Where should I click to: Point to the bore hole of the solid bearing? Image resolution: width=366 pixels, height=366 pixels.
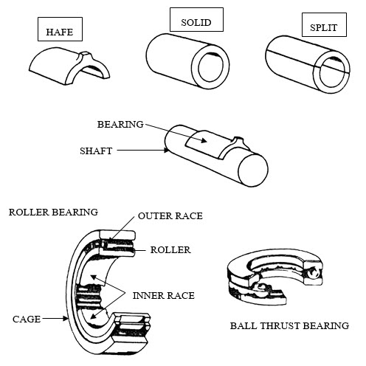click(x=210, y=66)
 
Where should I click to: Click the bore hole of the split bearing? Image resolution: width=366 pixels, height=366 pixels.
click(x=332, y=72)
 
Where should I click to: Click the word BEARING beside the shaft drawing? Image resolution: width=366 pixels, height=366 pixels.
click(x=120, y=124)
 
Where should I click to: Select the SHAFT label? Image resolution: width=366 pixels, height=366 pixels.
click(x=96, y=151)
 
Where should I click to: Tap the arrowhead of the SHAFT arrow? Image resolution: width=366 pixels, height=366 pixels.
click(x=167, y=150)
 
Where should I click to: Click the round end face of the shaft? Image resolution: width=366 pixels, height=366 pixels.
click(x=253, y=170)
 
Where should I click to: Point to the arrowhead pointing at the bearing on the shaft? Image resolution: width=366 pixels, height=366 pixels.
click(x=204, y=140)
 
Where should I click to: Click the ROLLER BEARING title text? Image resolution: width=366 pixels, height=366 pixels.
click(x=53, y=212)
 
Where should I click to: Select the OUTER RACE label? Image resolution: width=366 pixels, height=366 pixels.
click(x=170, y=215)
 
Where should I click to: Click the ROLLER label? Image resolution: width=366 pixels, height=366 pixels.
click(x=170, y=250)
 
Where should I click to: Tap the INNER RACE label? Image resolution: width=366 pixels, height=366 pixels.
click(x=164, y=295)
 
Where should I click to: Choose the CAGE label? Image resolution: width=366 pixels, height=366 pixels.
click(x=27, y=319)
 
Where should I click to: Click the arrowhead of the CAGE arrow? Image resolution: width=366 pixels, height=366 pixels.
click(x=65, y=319)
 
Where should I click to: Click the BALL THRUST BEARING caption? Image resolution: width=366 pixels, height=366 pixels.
click(x=289, y=325)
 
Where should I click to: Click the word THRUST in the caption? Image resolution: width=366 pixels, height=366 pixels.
click(x=280, y=325)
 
